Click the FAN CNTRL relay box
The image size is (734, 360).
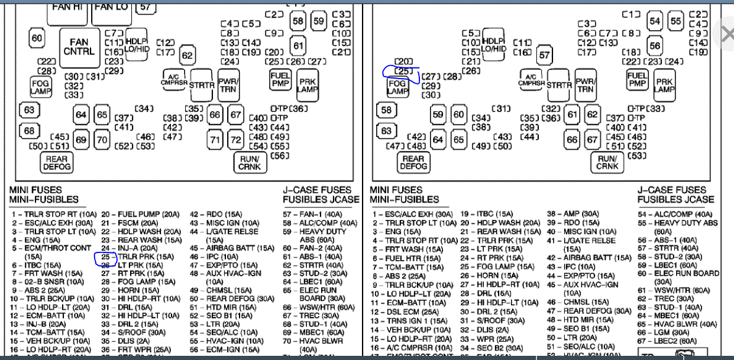tap(79, 47)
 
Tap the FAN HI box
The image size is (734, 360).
tap(69, 9)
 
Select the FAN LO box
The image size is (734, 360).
tap(111, 8)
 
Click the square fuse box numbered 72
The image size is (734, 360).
tap(236, 140)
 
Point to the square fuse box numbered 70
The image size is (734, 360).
tap(102, 140)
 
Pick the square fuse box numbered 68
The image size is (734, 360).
tap(29, 131)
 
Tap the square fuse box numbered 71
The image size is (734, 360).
tap(215, 140)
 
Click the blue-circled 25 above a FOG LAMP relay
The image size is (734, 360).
tap(403, 72)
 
